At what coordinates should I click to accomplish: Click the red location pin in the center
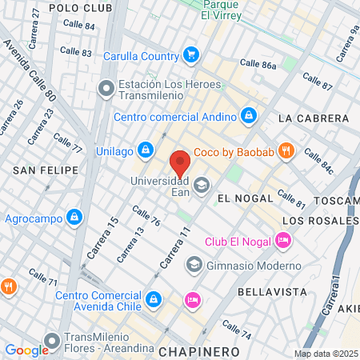[182, 162]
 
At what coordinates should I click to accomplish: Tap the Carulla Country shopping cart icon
[190, 55]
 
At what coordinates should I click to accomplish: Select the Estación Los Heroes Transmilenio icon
[106, 89]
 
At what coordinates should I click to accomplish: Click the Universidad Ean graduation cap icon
[201, 185]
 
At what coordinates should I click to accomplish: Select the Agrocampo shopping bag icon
[74, 217]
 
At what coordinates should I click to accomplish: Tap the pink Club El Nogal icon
[282, 240]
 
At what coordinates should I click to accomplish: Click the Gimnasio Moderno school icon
[194, 265]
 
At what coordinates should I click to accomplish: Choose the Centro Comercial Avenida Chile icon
[153, 300]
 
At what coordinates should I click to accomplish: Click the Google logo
[26, 350]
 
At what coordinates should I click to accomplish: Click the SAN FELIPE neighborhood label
[46, 170]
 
